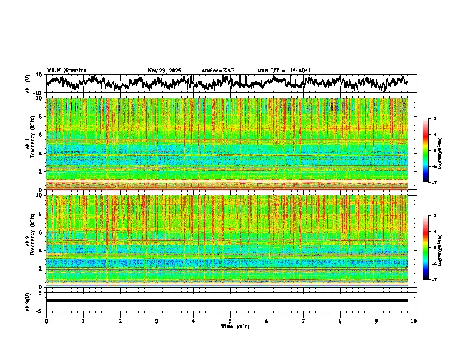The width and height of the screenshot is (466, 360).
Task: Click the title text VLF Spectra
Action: pos(66,71)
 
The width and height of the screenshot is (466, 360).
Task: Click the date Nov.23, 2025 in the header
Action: pos(164,71)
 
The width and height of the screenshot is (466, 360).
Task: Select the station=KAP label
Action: pos(218,71)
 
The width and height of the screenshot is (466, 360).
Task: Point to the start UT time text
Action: pos(284,71)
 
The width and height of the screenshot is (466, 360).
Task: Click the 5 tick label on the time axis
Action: pos(230,321)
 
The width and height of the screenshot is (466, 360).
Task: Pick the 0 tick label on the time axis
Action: pos(46,321)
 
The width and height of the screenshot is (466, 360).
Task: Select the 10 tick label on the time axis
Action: pos(414,321)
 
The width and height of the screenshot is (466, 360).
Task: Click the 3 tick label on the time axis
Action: pos(157,321)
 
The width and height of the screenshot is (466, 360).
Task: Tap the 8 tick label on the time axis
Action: pos(340,321)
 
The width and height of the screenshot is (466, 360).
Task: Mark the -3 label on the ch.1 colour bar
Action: pos(434,119)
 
